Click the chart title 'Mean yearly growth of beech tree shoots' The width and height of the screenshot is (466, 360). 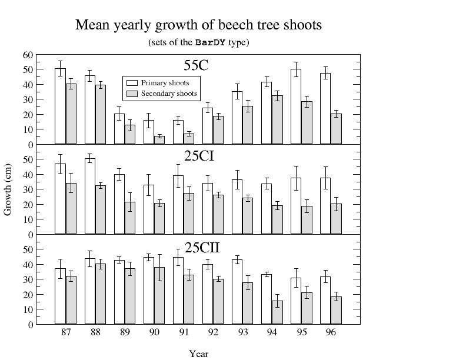pos(198,25)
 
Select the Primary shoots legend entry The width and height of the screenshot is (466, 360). pos(165,83)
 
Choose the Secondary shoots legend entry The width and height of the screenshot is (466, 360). pos(168,94)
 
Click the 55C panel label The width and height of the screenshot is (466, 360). pos(195,65)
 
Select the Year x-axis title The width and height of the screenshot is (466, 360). pos(198,354)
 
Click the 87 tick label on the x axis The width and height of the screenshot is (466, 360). pos(66,333)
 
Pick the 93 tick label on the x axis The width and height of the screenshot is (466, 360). pos(243,333)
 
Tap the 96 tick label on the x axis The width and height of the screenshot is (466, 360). pos(331,333)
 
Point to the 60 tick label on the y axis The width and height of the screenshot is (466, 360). pos(28,55)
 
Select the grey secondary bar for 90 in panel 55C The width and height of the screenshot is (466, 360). pos(159,140)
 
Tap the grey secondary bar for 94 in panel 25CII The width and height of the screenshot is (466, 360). pos(277,312)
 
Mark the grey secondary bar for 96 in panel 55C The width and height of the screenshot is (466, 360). pos(336,129)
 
